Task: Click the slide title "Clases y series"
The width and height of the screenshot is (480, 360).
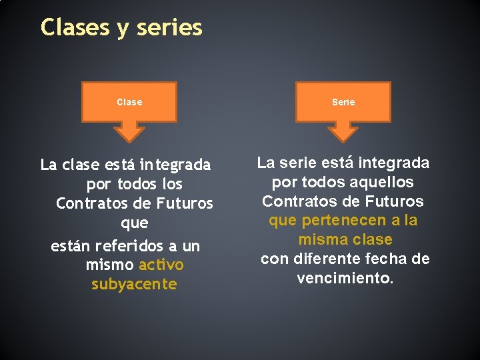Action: (121, 28)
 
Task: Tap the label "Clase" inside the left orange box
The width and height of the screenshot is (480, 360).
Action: (129, 102)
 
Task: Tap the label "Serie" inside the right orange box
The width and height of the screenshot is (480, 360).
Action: (343, 102)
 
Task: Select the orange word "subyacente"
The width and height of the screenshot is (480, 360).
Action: (134, 285)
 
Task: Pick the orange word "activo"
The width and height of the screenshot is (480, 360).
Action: (161, 265)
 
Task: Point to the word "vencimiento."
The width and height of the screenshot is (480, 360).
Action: (345, 278)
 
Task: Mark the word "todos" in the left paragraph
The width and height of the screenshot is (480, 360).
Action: (139, 183)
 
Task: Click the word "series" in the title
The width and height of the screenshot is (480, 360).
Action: (169, 28)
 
